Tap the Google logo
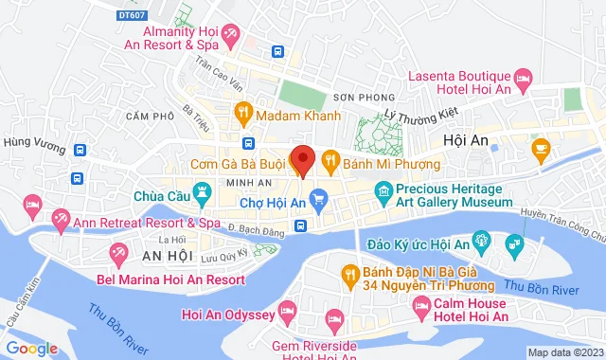tap(33, 349)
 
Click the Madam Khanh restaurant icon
tap(242, 115)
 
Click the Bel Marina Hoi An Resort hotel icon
tap(119, 254)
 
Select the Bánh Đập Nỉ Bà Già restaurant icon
tap(348, 275)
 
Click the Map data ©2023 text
tap(566, 352)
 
